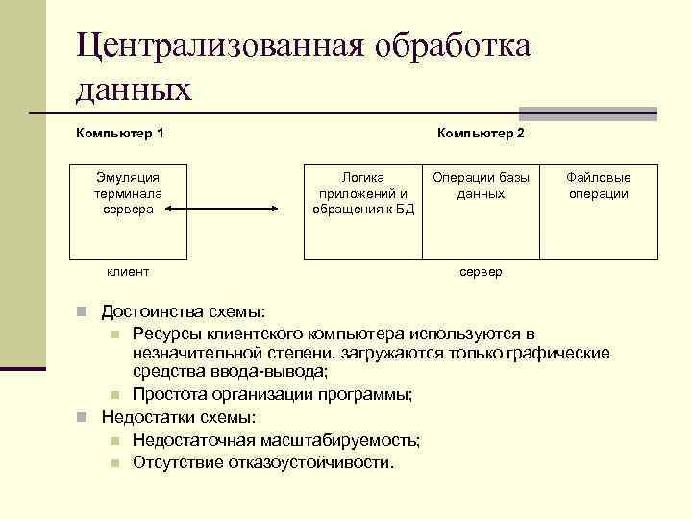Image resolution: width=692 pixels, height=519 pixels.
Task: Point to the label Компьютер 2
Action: [x=481, y=132]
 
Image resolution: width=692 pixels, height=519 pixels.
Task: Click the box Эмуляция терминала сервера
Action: [x=129, y=210]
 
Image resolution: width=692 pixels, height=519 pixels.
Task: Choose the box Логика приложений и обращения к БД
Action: [x=362, y=210]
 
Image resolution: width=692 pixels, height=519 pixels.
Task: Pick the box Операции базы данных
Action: [x=481, y=210]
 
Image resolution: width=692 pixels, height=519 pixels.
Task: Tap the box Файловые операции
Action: [x=598, y=210]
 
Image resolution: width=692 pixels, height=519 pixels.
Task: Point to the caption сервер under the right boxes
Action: [x=481, y=272]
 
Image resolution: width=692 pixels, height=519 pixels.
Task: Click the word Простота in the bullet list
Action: [x=167, y=395]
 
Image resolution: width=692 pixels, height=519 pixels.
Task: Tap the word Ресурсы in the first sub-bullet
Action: [x=165, y=334]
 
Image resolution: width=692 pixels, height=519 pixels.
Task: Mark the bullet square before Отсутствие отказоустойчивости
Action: [x=113, y=463]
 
